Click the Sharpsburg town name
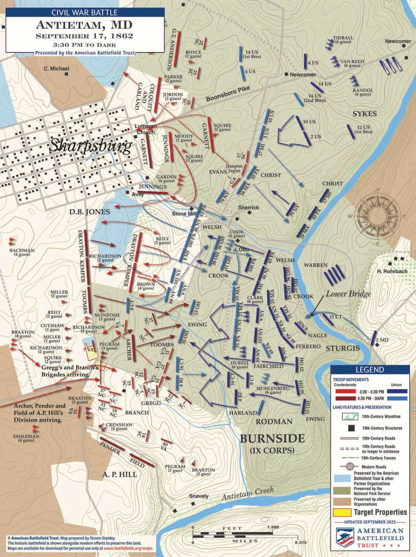(x=91, y=146)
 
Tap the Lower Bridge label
(x=348, y=294)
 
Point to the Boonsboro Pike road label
(x=228, y=94)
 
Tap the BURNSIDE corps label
(x=272, y=438)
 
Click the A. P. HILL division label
(x=119, y=474)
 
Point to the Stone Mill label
(x=184, y=214)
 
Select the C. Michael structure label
(x=56, y=69)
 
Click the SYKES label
(x=364, y=114)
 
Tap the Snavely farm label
(x=199, y=496)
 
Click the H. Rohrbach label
(x=392, y=271)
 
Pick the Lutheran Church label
(x=145, y=129)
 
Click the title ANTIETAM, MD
(x=84, y=25)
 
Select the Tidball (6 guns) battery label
(x=343, y=40)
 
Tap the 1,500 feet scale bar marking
(x=273, y=527)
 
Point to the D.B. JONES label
(x=89, y=212)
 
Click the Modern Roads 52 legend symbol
(x=350, y=467)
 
